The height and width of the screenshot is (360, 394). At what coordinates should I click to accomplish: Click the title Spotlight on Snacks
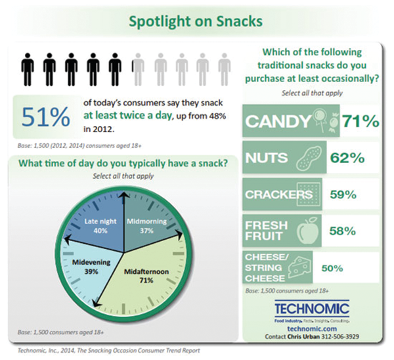coord(196,21)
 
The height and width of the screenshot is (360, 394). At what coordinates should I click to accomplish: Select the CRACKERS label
coord(276,194)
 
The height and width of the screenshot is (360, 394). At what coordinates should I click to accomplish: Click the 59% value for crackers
coord(341,194)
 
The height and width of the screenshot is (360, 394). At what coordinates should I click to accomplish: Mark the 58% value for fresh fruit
coord(341,231)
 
